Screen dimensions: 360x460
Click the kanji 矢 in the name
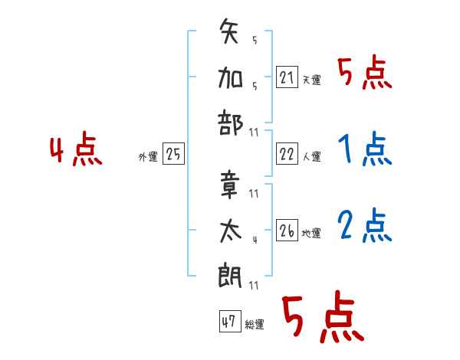point(231,35)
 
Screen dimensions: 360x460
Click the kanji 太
point(231,230)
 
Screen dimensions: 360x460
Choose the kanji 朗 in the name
point(231,273)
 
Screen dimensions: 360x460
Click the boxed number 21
point(286,77)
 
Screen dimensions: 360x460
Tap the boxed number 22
point(286,155)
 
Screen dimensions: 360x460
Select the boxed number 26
point(286,232)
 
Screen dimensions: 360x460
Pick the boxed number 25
point(173,155)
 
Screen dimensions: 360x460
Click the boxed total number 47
point(228,322)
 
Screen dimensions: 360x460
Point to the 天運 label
point(311,80)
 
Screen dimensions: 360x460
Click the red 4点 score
point(75,152)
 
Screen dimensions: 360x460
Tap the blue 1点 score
point(364,150)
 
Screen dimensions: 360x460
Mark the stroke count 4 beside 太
point(254,239)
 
